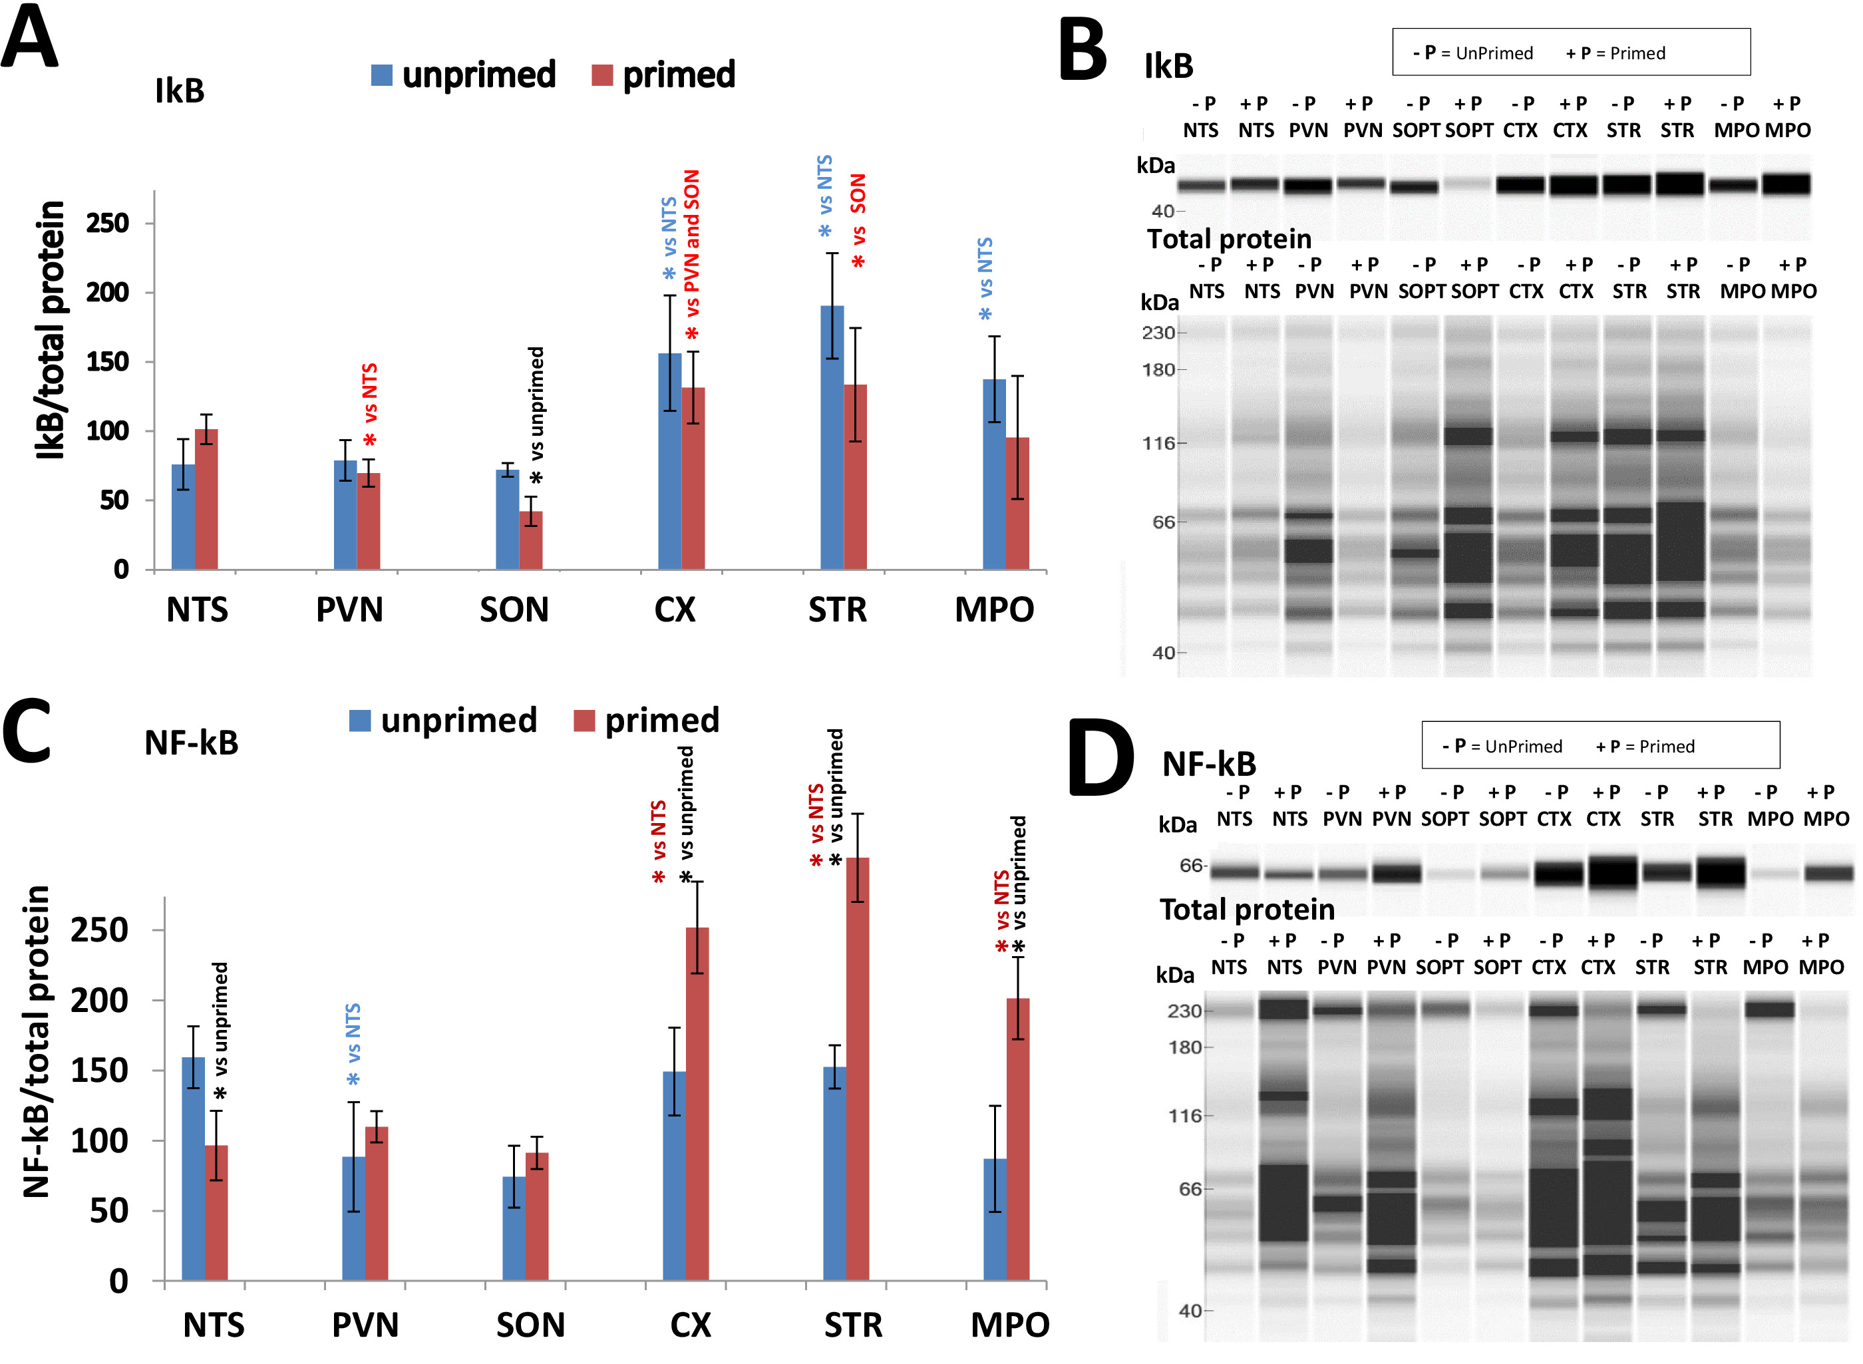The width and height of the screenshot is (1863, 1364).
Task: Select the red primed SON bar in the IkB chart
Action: [531, 541]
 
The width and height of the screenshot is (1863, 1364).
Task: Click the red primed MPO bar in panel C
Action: [1018, 1139]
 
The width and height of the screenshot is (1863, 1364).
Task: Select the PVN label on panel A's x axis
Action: [349, 610]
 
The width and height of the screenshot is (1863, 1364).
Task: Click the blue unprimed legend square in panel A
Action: [381, 75]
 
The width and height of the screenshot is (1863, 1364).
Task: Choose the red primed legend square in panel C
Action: [584, 721]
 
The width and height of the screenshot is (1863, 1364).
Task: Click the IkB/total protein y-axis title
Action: [51, 330]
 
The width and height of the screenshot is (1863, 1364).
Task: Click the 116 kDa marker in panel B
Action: [1158, 443]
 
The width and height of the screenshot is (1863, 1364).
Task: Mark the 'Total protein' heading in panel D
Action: [1246, 909]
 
